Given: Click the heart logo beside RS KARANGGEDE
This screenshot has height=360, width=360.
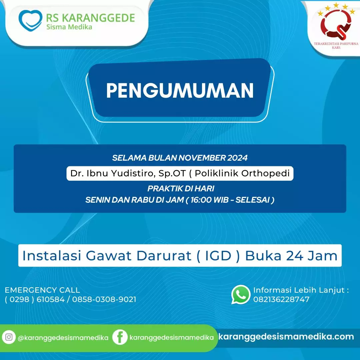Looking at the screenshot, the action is pyautogui.click(x=30, y=20).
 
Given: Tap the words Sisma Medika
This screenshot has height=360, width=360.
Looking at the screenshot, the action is pyautogui.click(x=69, y=27).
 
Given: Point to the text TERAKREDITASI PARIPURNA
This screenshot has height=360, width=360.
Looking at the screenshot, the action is pyautogui.click(x=336, y=44).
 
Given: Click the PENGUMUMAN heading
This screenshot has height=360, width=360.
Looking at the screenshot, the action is pyautogui.click(x=180, y=90).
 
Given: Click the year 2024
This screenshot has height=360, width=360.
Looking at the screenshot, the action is pyautogui.click(x=238, y=158).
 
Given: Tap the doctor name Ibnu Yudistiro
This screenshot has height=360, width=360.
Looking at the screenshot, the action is pyautogui.click(x=120, y=173).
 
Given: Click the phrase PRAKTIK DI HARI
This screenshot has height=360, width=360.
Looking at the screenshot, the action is pyautogui.click(x=181, y=188).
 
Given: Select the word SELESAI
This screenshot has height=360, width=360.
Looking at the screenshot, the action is pyautogui.click(x=252, y=200).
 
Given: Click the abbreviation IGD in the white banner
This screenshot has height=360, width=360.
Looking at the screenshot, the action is pyautogui.click(x=218, y=256).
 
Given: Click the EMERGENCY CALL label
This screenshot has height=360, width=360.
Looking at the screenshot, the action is pyautogui.click(x=42, y=290).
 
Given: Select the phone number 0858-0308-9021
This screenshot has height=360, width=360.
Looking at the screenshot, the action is pyautogui.click(x=104, y=299).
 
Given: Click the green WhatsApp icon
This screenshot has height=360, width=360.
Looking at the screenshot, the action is pyautogui.click(x=241, y=294).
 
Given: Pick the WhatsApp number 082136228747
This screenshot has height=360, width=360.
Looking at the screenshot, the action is pyautogui.click(x=281, y=299).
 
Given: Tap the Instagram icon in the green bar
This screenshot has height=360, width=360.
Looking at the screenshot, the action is pyautogui.click(x=9, y=337).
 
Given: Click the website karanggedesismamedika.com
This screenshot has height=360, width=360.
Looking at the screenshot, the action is pyautogui.click(x=286, y=337).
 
